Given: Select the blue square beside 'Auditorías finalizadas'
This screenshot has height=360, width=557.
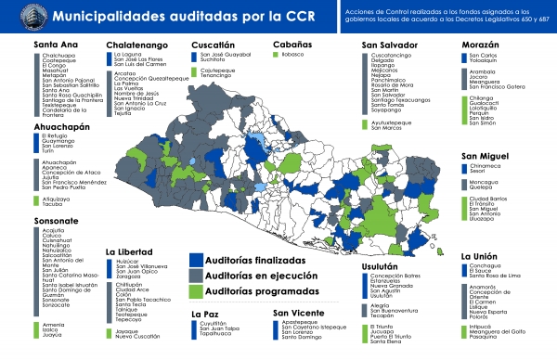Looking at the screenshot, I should click(x=195, y=261).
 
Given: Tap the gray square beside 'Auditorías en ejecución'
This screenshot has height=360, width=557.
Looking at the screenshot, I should click(x=195, y=276).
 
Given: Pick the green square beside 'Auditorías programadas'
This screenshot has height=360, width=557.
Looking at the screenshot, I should click(x=195, y=291).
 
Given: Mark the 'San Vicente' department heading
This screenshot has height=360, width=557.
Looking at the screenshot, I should click(x=300, y=313).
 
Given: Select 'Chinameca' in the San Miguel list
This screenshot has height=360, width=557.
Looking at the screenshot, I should click(x=486, y=168).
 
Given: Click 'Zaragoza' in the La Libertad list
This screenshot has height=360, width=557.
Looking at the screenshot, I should click(x=132, y=277).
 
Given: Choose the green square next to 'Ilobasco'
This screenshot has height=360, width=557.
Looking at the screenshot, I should click(x=277, y=56).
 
